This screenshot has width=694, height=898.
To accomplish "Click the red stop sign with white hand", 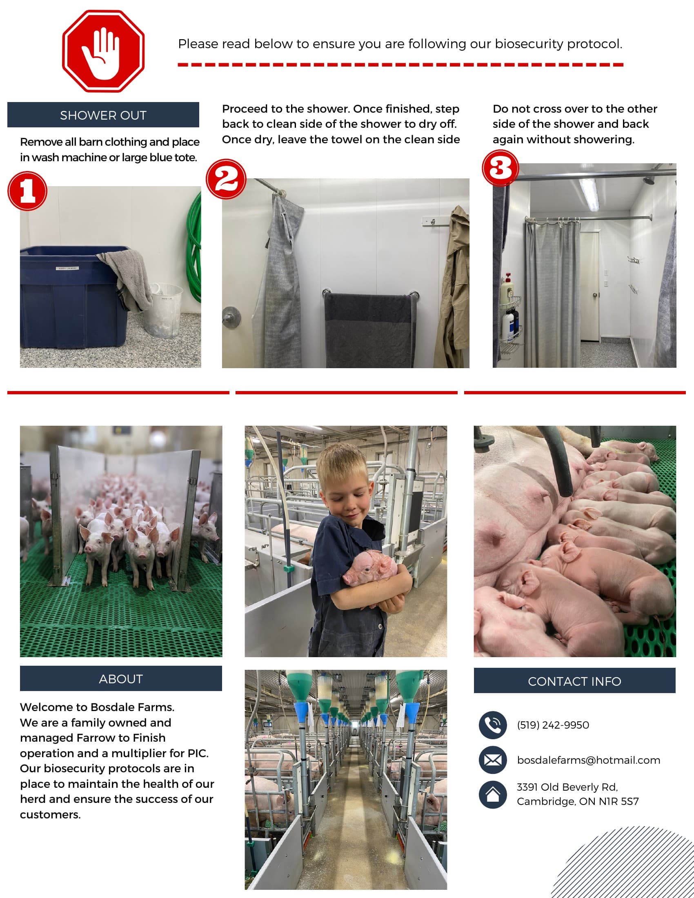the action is (x=103, y=51).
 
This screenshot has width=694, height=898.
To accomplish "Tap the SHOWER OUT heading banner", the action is (x=103, y=115).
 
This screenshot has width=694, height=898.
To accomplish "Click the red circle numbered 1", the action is (x=27, y=191).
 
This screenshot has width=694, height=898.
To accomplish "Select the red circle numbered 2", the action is (x=226, y=179).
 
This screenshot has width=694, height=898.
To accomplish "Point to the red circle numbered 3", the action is (x=500, y=168).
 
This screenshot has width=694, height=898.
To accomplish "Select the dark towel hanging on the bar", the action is (x=369, y=329).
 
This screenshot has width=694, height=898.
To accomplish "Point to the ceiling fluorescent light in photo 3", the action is (x=589, y=194).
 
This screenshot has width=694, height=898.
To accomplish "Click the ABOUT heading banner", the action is (x=121, y=679).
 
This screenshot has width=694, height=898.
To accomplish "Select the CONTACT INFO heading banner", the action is (x=574, y=681).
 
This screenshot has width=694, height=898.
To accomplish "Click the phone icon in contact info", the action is (x=493, y=725).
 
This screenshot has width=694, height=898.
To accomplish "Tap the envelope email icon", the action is (x=493, y=760).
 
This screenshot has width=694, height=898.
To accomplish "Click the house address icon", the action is (x=493, y=795).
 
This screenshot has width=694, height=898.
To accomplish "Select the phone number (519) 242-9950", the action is (x=553, y=725).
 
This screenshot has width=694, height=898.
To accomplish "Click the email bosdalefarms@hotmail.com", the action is (x=589, y=760).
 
